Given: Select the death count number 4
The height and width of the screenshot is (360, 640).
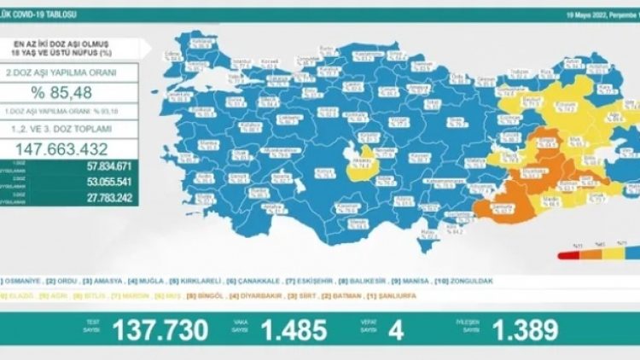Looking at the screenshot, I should [396, 330].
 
